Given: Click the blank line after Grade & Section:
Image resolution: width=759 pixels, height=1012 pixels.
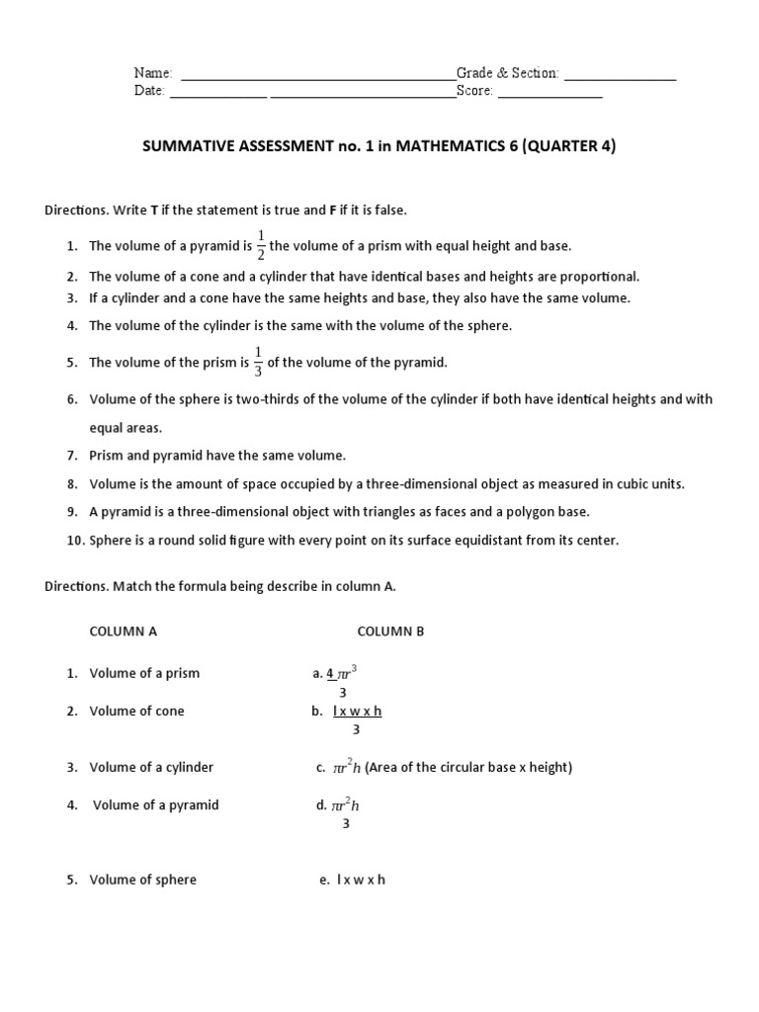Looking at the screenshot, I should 620,76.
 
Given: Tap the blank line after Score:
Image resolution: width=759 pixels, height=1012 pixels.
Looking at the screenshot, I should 549,95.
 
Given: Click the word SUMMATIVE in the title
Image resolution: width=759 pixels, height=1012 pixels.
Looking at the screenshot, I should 189,147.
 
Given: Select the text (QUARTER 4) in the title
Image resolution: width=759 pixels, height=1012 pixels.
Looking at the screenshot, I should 568,147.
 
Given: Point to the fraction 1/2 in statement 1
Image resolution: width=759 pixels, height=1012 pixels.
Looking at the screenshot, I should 261,246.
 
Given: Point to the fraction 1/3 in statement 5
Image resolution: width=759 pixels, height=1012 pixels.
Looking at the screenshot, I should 259,363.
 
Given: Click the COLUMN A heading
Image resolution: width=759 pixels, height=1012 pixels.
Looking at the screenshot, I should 124,632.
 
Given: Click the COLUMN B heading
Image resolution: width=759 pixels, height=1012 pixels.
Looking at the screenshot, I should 390,632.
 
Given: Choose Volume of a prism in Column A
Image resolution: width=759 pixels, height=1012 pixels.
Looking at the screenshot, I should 144,673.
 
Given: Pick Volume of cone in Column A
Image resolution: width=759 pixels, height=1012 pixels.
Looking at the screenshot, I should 136,711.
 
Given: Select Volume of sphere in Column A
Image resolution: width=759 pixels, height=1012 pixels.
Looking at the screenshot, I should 142,880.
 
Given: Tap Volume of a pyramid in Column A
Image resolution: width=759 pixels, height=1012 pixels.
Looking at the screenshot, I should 156,804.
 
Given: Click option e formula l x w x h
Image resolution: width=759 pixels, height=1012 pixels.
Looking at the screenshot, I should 361,880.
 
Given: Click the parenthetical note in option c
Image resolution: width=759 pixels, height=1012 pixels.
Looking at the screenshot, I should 468,767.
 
